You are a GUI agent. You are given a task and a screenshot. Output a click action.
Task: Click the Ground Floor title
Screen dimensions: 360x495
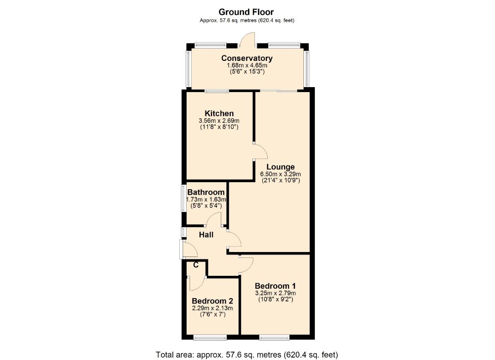pyautogui.click(x=246, y=12)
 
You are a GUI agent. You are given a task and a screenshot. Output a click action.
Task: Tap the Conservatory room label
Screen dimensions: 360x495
pyautogui.click(x=247, y=58)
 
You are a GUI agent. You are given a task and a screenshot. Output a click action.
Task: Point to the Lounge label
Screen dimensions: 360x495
pyautogui.click(x=280, y=167)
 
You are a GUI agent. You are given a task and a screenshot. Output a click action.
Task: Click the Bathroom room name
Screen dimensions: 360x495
pyautogui.click(x=206, y=192)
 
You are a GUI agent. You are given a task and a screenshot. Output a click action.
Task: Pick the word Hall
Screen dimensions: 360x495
pyautogui.click(x=206, y=234)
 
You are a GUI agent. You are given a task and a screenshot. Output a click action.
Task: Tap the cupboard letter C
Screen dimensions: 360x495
pyautogui.click(x=196, y=265)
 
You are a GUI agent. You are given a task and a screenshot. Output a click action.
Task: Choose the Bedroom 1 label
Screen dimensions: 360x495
pyautogui.click(x=275, y=286)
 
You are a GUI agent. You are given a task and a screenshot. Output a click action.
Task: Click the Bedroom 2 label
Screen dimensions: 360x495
pyautogui.click(x=212, y=301)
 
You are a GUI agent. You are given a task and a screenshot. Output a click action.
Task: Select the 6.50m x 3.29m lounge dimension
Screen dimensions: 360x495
pyautogui.click(x=281, y=174)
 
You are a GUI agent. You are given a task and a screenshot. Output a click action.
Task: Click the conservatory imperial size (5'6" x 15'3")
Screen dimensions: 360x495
pyautogui.click(x=247, y=72)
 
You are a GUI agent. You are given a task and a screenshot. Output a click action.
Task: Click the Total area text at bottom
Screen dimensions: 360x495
pyautogui.click(x=247, y=354)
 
